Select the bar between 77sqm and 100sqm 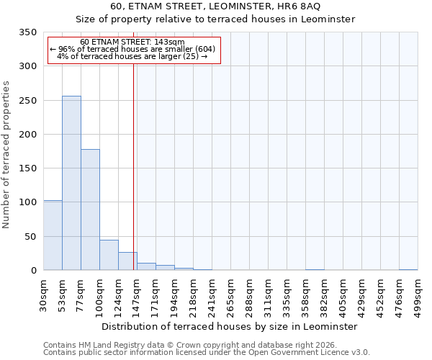(90, 210)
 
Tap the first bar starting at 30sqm (53, 235)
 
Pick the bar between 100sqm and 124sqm (109, 255)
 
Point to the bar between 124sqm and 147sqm (127, 261)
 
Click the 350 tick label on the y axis (27, 32)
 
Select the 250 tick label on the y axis (27, 101)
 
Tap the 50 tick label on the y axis (30, 236)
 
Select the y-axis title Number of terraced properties (6, 154)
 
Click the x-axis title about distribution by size (229, 326)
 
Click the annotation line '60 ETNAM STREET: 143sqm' (132, 42)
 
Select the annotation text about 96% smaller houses (132, 49)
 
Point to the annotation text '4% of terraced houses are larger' (132, 56)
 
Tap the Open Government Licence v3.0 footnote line (207, 353)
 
